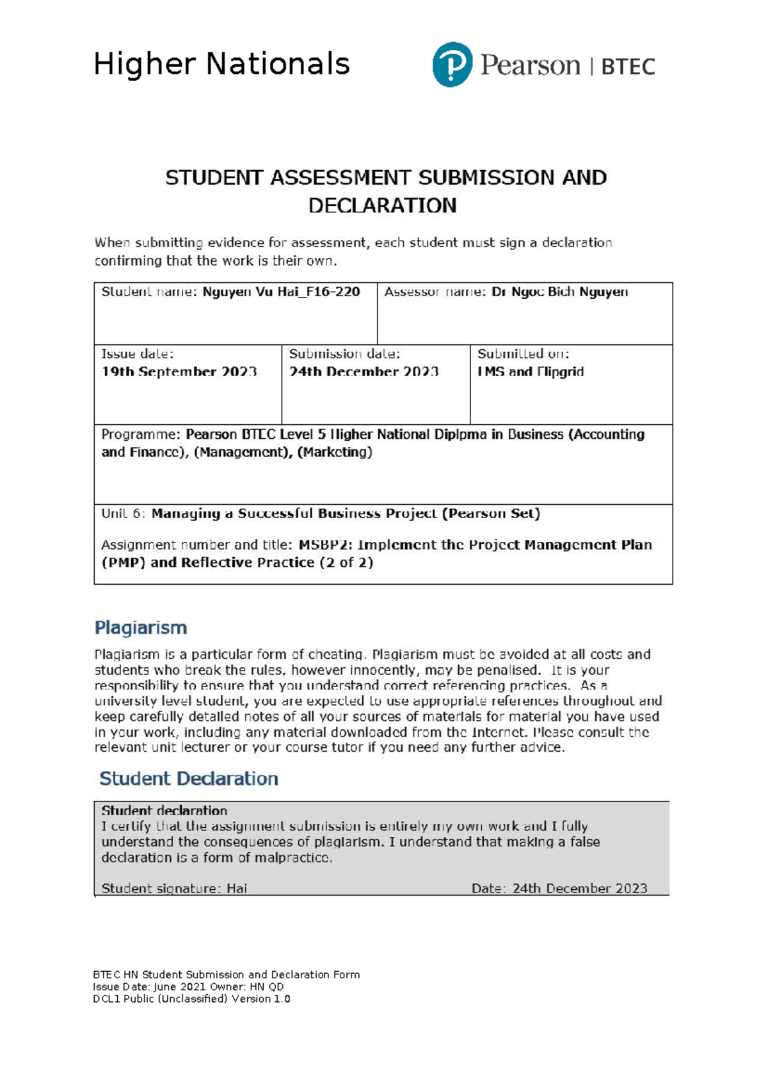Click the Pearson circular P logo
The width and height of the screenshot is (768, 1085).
tap(452, 65)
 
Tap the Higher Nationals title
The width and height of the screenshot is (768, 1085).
tap(221, 65)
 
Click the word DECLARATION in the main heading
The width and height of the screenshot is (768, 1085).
tap(383, 205)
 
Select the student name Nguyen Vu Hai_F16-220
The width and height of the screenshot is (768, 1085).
tap(281, 292)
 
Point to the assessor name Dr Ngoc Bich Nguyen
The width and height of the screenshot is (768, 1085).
tap(559, 292)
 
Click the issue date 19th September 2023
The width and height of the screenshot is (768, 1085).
tap(179, 372)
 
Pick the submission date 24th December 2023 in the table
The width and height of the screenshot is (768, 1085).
tap(364, 372)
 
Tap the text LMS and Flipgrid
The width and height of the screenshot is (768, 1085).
tap(531, 372)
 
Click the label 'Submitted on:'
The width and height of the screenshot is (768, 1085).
tap(523, 354)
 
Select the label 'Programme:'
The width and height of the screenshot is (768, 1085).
tap(141, 434)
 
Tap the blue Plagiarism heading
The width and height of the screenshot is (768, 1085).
tap(141, 628)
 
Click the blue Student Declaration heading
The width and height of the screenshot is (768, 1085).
tap(189, 779)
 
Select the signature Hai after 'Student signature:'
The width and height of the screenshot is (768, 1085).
tap(237, 889)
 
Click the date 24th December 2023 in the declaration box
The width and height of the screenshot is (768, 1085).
tap(580, 889)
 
